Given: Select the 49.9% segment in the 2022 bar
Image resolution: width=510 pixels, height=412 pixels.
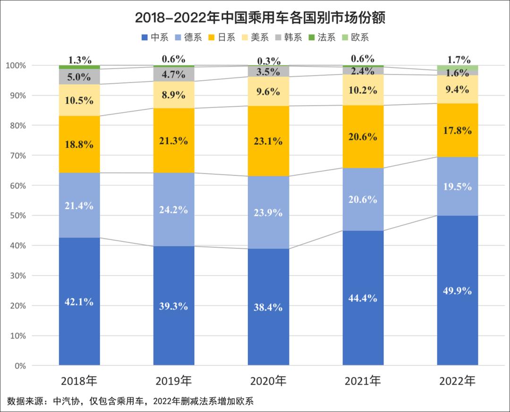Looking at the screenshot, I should coord(458,290).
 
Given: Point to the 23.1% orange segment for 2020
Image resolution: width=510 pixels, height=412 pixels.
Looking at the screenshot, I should coord(268,141).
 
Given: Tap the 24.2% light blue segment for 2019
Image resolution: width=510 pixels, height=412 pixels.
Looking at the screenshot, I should coord(174,209).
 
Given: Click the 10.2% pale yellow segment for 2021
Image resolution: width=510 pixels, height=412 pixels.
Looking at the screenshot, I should coord(363,90).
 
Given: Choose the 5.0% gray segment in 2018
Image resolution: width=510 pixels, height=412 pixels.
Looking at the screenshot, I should coord(79,76).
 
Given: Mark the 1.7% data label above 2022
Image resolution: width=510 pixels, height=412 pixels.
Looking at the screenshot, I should coord(458,59).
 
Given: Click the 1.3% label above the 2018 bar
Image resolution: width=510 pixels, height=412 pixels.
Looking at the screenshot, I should coord(79,59).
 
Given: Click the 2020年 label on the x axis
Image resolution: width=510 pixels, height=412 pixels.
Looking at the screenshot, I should coord(268,380).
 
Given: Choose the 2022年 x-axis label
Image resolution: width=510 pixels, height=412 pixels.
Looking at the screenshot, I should coord(458,380).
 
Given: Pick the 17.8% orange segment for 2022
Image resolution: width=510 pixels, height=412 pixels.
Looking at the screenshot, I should coord(458,130).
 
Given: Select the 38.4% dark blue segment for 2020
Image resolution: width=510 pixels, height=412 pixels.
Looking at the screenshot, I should coord(268,307).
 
